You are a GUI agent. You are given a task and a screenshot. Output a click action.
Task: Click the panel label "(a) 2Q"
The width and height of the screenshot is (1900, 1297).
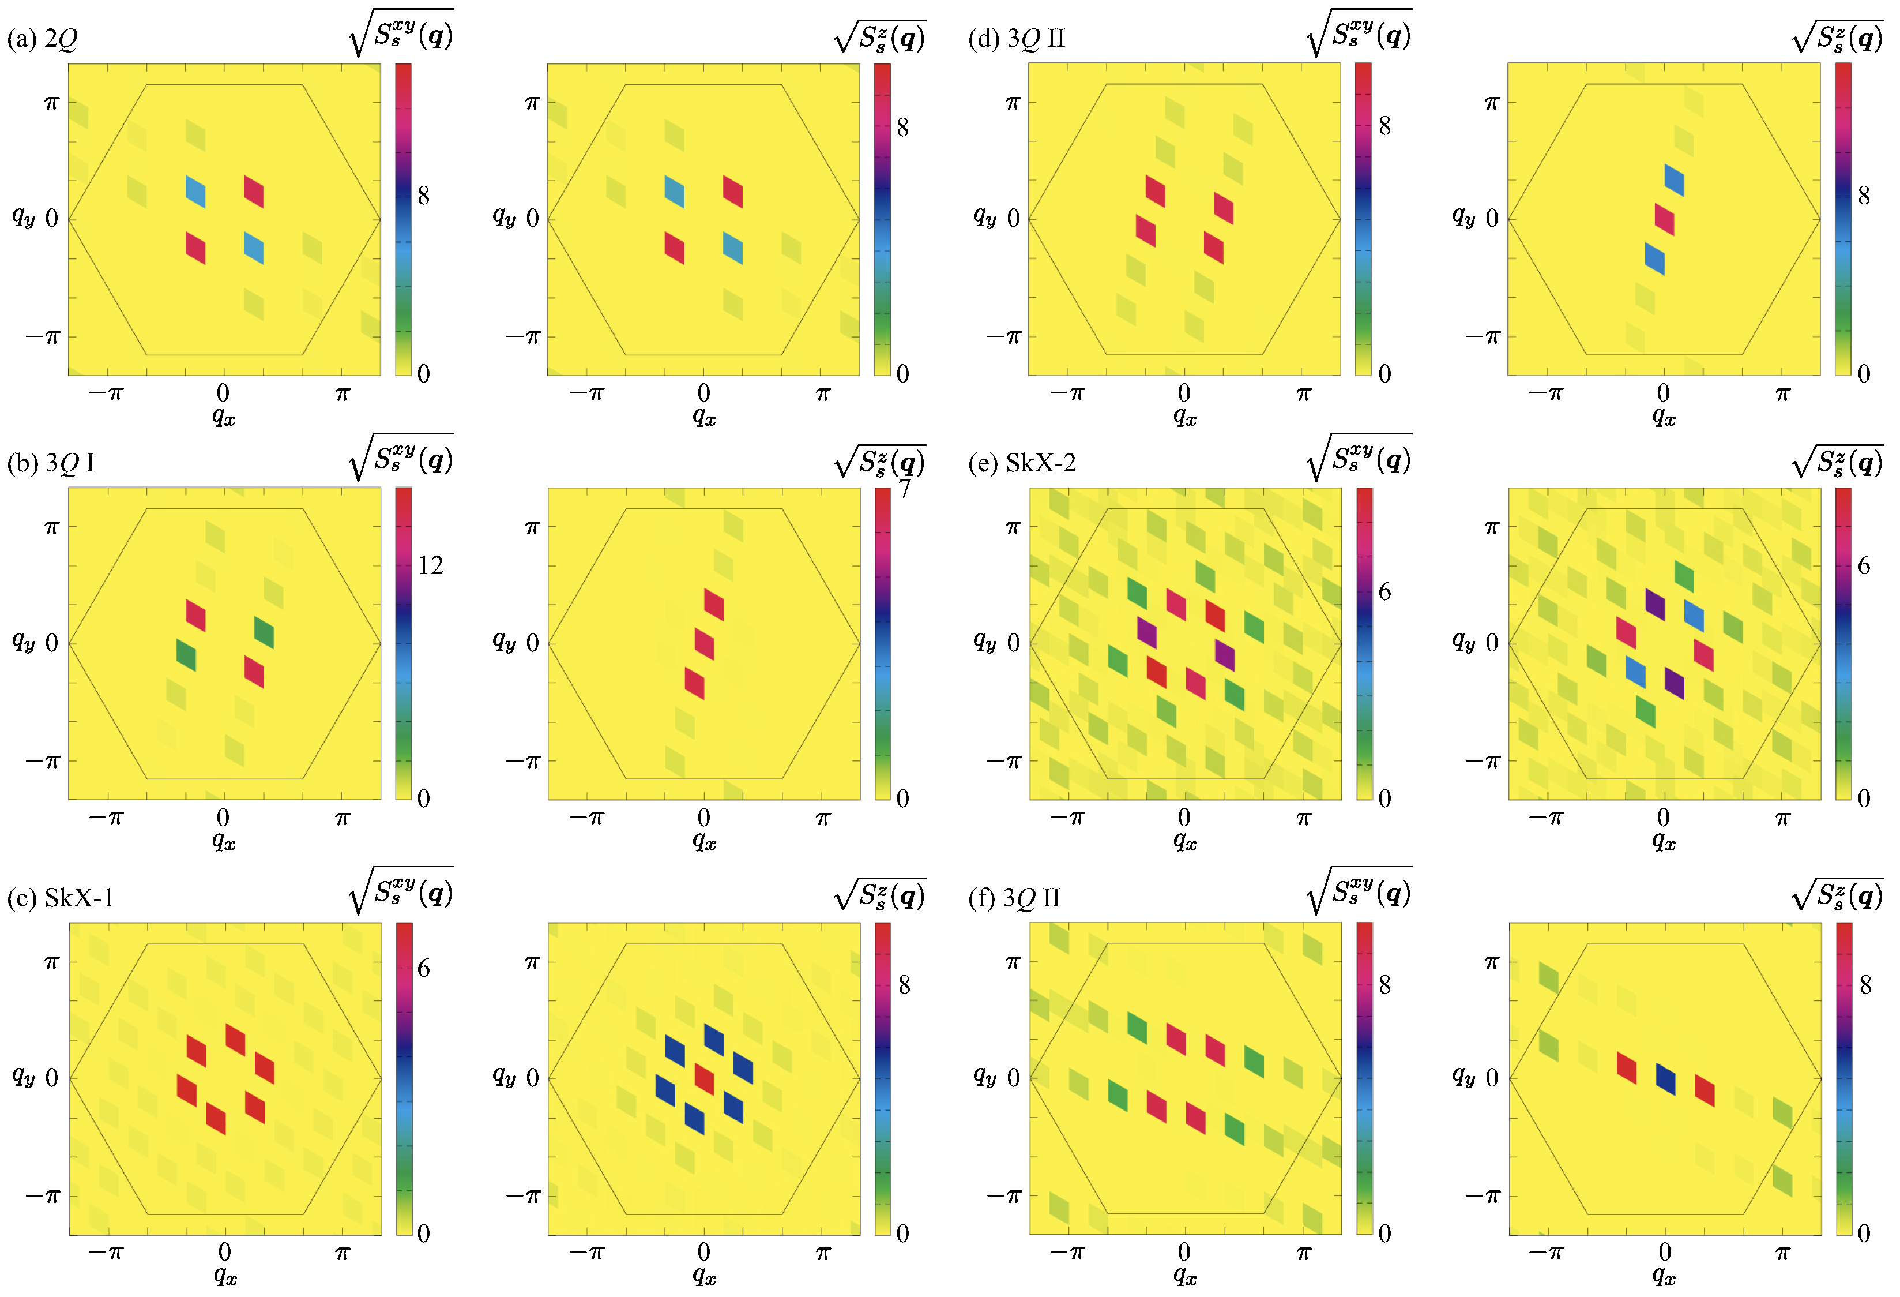pos(43,39)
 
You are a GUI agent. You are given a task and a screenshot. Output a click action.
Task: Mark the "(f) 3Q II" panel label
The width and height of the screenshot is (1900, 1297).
pos(1014,897)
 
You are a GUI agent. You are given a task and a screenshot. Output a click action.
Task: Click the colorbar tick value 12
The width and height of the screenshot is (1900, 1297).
pos(430,565)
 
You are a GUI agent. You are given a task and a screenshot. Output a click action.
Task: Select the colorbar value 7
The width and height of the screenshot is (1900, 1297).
pos(904,489)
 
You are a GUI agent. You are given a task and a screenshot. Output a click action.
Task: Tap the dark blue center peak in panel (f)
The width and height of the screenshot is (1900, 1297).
pos(1665,1079)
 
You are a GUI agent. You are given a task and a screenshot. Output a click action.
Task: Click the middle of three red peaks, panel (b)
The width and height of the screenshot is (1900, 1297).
pos(704,643)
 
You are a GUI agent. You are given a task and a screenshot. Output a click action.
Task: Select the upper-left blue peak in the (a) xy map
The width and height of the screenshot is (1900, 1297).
pos(195,192)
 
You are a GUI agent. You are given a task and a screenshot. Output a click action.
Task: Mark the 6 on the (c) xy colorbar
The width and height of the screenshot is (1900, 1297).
pos(423,968)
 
